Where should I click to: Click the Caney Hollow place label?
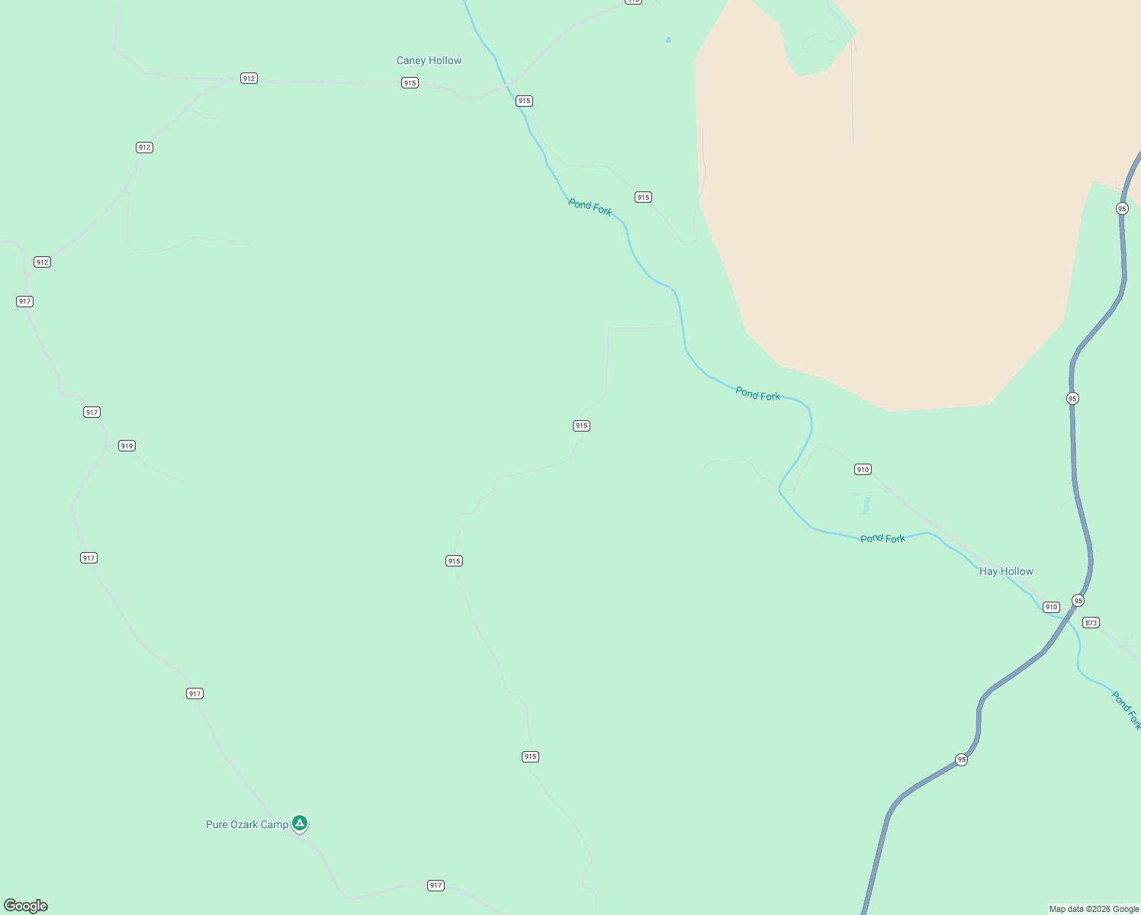click(429, 61)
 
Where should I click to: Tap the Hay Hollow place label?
click(1006, 571)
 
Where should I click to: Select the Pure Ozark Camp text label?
click(247, 824)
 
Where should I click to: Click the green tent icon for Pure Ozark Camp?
click(300, 823)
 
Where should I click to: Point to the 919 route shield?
click(127, 446)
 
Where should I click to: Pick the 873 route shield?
click(1091, 623)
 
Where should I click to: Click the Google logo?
click(25, 906)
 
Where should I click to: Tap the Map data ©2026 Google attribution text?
click(1094, 909)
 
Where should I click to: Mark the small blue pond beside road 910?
click(866, 506)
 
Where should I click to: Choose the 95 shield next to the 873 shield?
click(1078, 601)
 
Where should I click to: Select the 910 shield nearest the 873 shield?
click(1051, 607)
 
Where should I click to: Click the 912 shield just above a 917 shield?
click(42, 262)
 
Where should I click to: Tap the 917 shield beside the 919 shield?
click(92, 413)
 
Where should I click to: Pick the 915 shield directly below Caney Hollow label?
click(410, 83)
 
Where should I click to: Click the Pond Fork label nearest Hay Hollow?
click(882, 538)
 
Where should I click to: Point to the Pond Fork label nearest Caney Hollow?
click(590, 207)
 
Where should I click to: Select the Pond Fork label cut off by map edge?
click(1126, 710)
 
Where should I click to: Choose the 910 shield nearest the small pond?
click(863, 470)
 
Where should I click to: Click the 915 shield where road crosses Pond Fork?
click(524, 101)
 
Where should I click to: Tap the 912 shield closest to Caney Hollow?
click(249, 79)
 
